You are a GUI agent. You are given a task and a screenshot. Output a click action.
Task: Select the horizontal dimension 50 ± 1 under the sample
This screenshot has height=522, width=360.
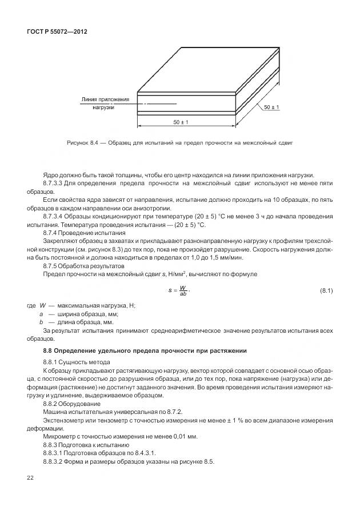(x=181, y=122)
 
